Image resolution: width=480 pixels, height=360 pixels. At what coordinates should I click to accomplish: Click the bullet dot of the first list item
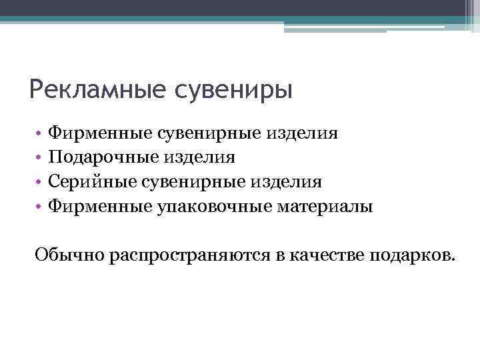(40, 134)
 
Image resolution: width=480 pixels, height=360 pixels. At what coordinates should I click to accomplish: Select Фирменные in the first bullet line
(99, 133)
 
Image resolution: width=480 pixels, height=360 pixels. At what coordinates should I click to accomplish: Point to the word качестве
(325, 255)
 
